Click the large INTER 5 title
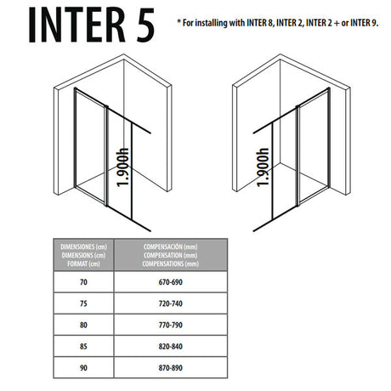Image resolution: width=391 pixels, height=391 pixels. (92, 25)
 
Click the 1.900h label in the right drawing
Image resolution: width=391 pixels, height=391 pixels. (263, 169)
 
